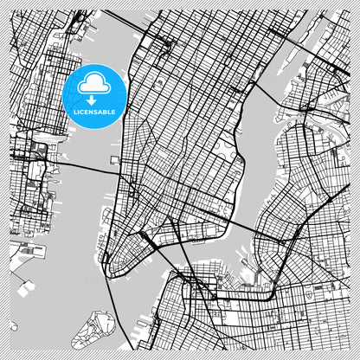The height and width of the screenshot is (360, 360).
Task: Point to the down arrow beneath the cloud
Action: click(x=94, y=99)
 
